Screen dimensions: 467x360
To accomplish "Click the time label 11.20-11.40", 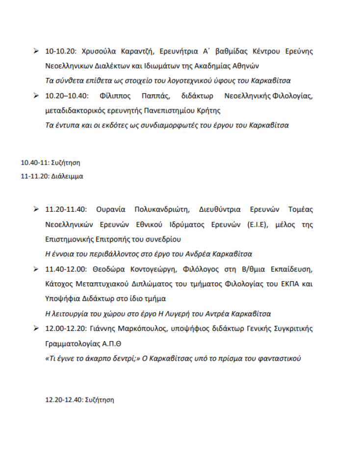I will [66, 209].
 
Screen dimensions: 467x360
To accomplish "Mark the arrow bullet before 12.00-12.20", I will [36, 327].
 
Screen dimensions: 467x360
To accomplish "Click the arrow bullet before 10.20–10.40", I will [36, 95].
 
